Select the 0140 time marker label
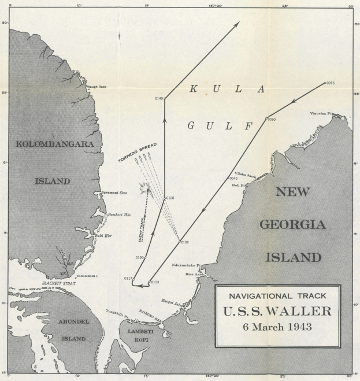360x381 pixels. (x=159, y=99)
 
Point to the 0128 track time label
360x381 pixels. (x=170, y=198)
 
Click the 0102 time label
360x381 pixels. (x=185, y=242)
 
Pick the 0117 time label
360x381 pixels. (x=128, y=279)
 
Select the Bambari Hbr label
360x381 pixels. (x=118, y=214)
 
